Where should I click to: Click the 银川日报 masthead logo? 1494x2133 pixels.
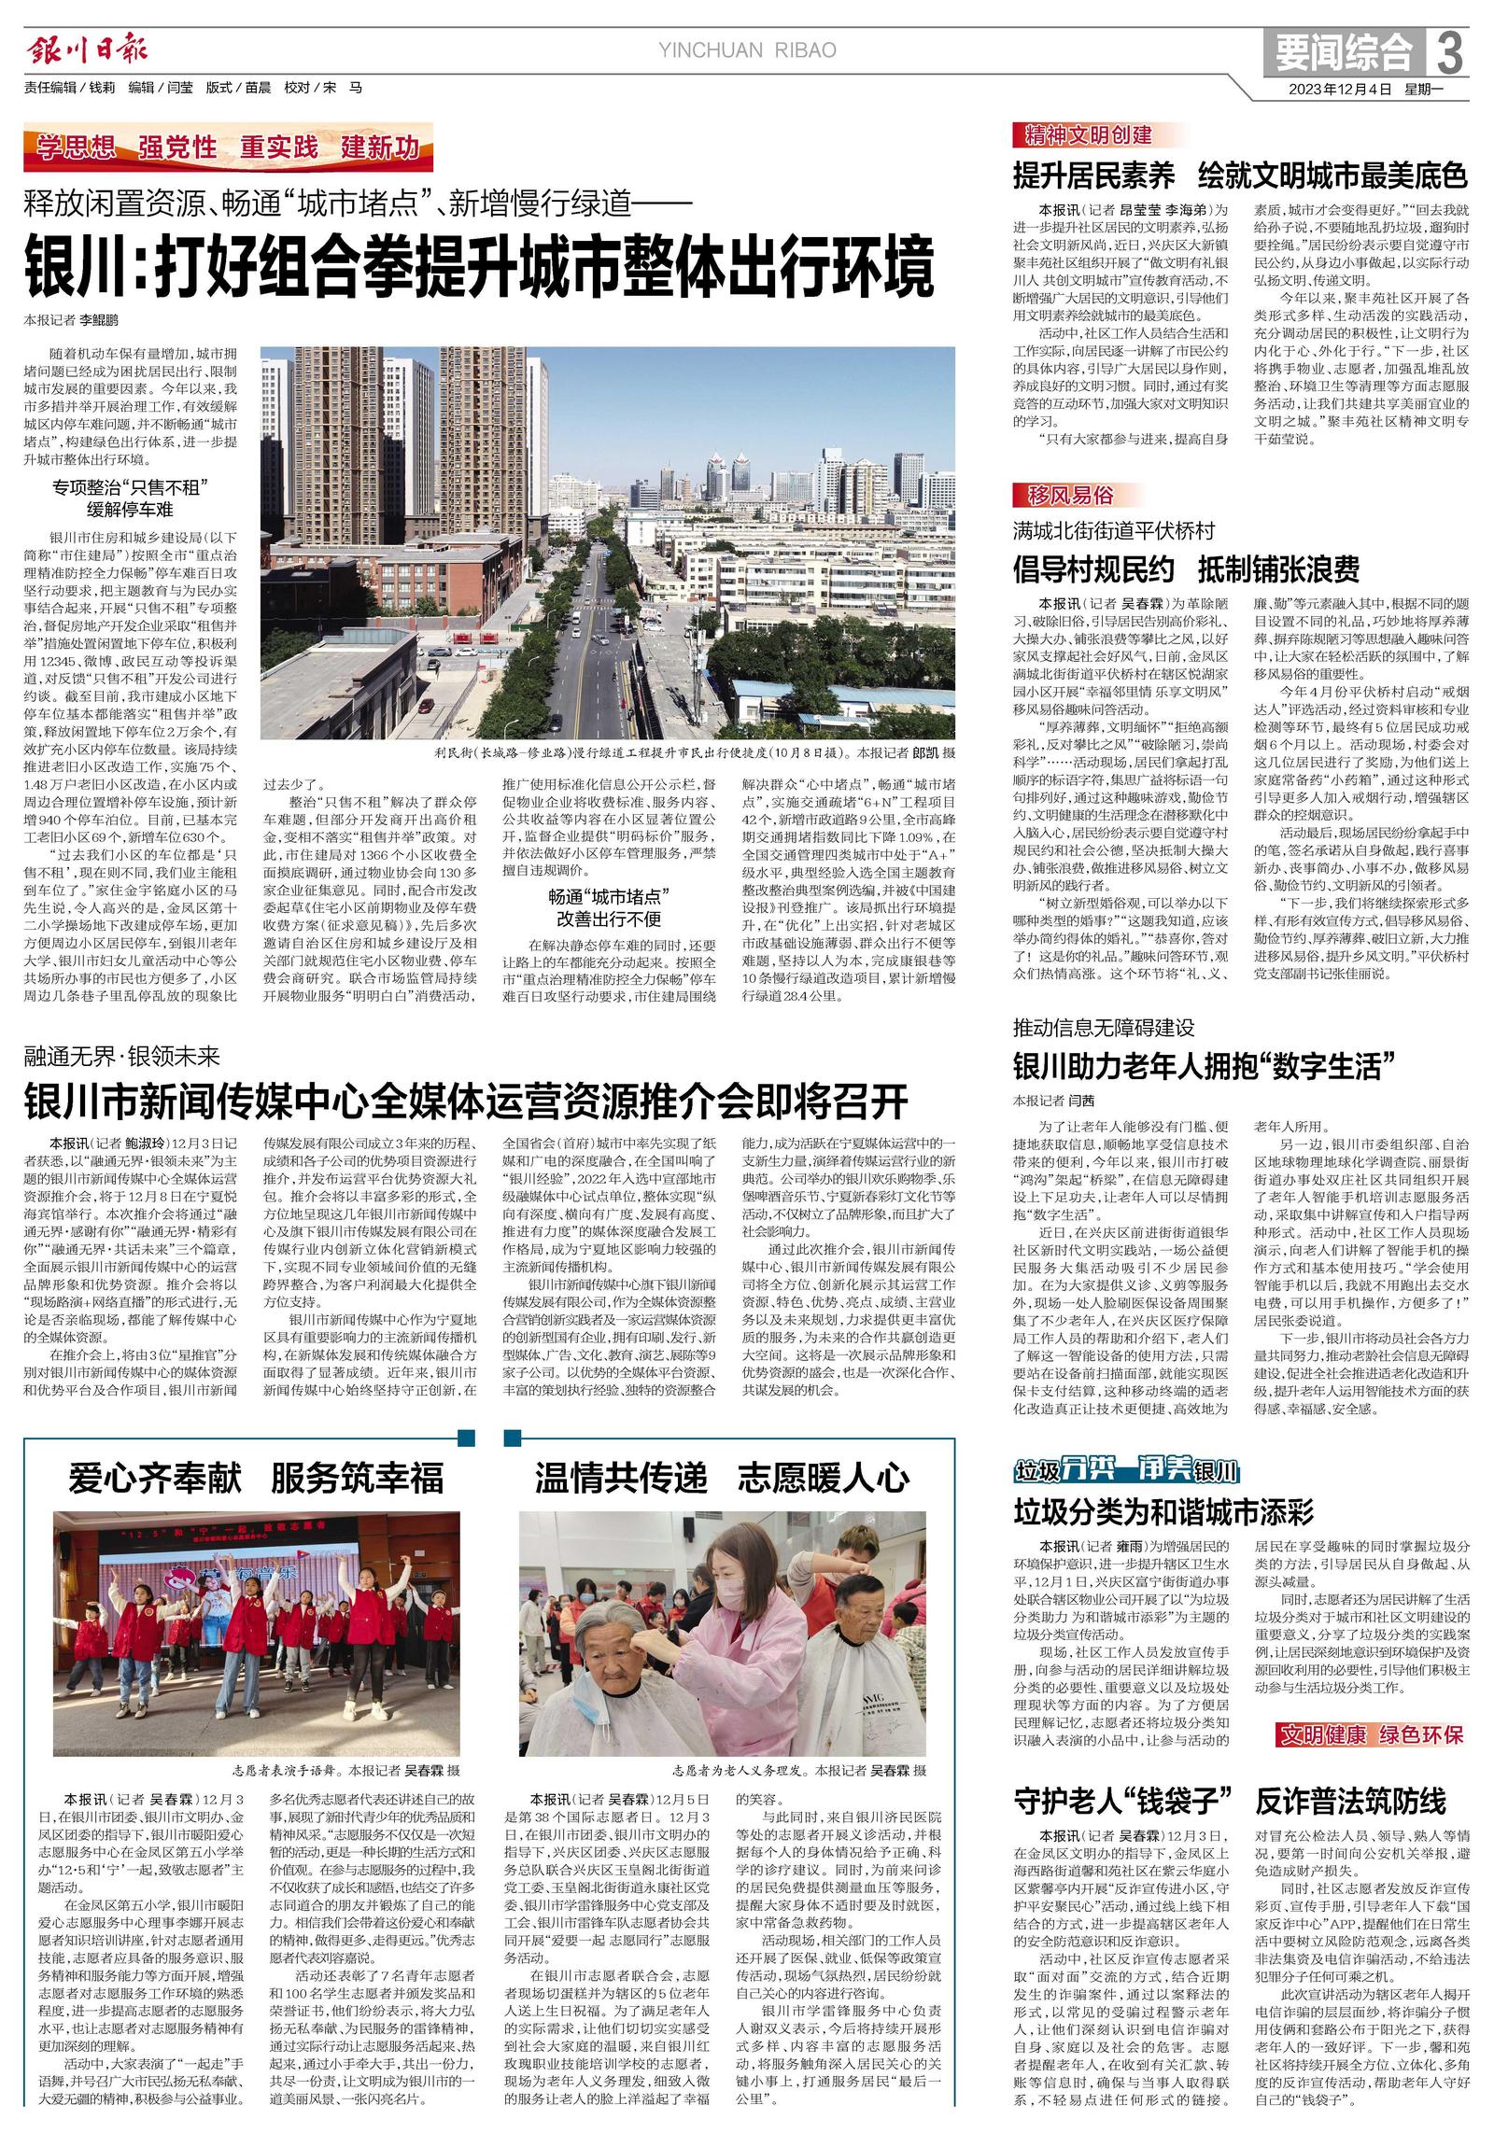(87, 49)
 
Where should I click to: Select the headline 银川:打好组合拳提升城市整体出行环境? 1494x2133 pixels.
(479, 266)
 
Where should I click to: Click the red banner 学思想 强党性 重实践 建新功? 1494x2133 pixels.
(229, 147)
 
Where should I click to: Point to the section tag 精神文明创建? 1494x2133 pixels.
(1083, 136)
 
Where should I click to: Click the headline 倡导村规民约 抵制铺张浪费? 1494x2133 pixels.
(1187, 568)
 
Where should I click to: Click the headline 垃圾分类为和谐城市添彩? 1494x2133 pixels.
(1163, 1510)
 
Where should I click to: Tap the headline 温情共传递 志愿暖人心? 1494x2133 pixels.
(722, 1479)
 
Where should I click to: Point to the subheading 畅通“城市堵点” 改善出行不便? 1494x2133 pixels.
(608, 908)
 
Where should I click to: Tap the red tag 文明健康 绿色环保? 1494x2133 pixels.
(1370, 1734)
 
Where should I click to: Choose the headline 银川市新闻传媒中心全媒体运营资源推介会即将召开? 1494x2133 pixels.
(466, 1102)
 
